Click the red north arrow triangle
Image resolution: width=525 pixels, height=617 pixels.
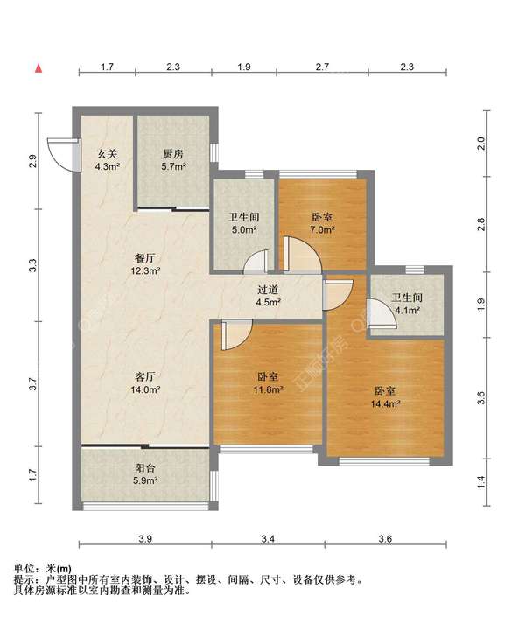(x=38, y=68)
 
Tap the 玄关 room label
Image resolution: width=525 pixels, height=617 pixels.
(x=108, y=153)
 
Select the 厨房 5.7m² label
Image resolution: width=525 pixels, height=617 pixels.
(x=173, y=160)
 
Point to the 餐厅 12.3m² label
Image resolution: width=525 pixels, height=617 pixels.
(x=145, y=264)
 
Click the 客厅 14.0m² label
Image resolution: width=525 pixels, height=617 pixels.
(x=145, y=383)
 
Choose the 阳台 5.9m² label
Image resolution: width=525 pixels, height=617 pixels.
(x=145, y=474)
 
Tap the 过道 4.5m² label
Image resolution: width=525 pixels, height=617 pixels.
(x=268, y=296)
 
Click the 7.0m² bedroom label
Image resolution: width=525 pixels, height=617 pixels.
(x=322, y=223)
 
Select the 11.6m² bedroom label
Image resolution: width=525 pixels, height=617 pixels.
(x=268, y=383)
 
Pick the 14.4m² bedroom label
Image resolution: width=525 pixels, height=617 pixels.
(x=385, y=397)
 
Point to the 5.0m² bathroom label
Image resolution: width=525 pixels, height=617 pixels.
(x=244, y=223)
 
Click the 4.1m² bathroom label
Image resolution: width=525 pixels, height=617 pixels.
(x=407, y=304)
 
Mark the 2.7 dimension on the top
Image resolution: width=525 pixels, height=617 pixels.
(x=322, y=67)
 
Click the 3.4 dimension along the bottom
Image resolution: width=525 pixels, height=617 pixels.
(x=268, y=538)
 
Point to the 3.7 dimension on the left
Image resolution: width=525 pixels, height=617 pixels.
(x=33, y=383)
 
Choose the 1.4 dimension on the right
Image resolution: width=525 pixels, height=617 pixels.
(x=481, y=482)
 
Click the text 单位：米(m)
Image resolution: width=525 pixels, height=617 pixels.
(x=43, y=569)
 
